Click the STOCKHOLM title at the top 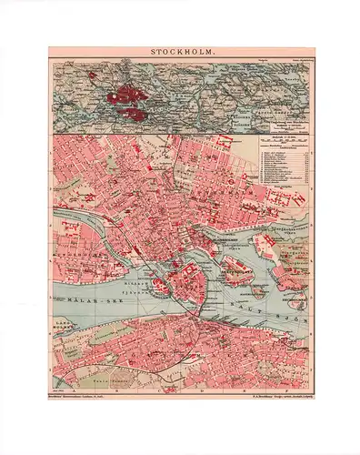click(180, 53)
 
